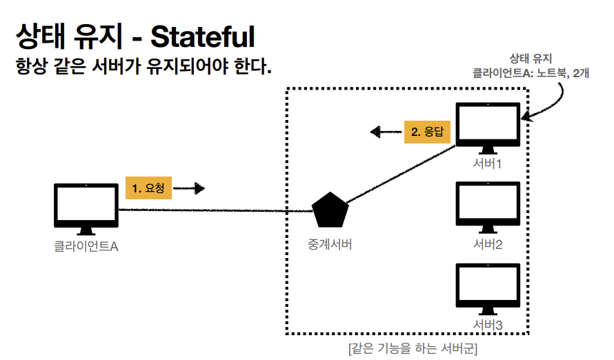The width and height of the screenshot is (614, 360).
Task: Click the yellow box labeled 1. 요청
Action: pyautogui.click(x=148, y=188)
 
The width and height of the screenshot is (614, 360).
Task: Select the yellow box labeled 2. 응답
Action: pyautogui.click(x=427, y=131)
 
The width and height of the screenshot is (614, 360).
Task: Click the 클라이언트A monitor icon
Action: pyautogui.click(x=85, y=207)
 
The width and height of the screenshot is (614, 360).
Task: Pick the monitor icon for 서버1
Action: pyautogui.click(x=488, y=126)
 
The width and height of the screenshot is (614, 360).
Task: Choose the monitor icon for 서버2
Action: pyautogui.click(x=488, y=206)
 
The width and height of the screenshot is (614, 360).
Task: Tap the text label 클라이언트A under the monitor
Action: pyautogui.click(x=86, y=246)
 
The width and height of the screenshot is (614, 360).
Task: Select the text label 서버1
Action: pyautogui.click(x=487, y=165)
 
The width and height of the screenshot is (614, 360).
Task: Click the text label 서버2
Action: pyautogui.click(x=488, y=244)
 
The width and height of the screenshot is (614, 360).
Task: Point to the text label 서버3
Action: pyautogui.click(x=488, y=324)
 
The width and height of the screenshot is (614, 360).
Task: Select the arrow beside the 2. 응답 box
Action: pyautogui.click(x=384, y=131)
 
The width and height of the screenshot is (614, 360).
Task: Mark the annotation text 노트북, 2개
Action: pyautogui.click(x=558, y=71)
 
